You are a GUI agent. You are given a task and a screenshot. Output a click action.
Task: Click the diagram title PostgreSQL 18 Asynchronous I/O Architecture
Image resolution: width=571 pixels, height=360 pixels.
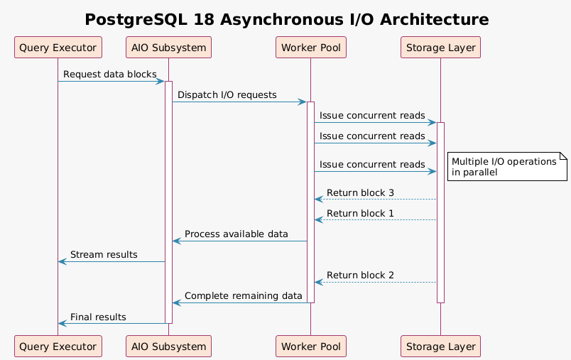coord(286,20)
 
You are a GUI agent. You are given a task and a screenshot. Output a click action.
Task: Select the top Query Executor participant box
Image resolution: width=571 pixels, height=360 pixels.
coord(58,48)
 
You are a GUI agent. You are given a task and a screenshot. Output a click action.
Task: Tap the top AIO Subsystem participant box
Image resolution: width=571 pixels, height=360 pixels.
coord(168,48)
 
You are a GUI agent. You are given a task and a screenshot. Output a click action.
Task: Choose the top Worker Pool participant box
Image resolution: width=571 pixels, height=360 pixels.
coord(310,48)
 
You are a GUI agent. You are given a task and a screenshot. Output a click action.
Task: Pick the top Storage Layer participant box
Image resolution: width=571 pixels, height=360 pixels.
coord(440,48)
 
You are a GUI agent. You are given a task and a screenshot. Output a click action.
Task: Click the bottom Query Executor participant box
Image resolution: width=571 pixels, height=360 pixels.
coord(58,346)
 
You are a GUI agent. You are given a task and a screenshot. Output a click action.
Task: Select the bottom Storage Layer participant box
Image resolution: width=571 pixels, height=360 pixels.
coord(440,346)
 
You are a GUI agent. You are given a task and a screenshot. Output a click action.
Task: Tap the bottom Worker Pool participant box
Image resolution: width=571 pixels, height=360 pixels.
coord(310,346)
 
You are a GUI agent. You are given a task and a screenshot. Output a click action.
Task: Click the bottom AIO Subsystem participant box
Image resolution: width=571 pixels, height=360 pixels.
coord(168,346)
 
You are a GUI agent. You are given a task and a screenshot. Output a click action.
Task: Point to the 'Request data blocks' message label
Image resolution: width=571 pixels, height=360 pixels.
coord(109,75)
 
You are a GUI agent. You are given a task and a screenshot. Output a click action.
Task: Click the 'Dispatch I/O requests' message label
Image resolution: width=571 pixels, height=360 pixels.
coord(227,95)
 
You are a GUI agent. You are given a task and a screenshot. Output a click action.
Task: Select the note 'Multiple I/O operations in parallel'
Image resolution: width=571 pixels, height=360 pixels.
coord(506,167)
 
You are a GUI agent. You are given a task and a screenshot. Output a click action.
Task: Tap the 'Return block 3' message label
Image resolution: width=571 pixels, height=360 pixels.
coord(360,193)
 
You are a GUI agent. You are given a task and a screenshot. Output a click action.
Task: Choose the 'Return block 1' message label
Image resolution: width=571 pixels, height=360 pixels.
coord(360,214)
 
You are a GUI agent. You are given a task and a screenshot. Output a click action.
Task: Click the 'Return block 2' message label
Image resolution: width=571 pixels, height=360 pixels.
coord(360,276)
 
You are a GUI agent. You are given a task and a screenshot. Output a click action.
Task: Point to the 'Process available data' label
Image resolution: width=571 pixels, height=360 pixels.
coord(236,234)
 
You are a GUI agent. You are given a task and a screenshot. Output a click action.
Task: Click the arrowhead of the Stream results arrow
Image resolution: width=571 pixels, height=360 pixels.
coord(62,262)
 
